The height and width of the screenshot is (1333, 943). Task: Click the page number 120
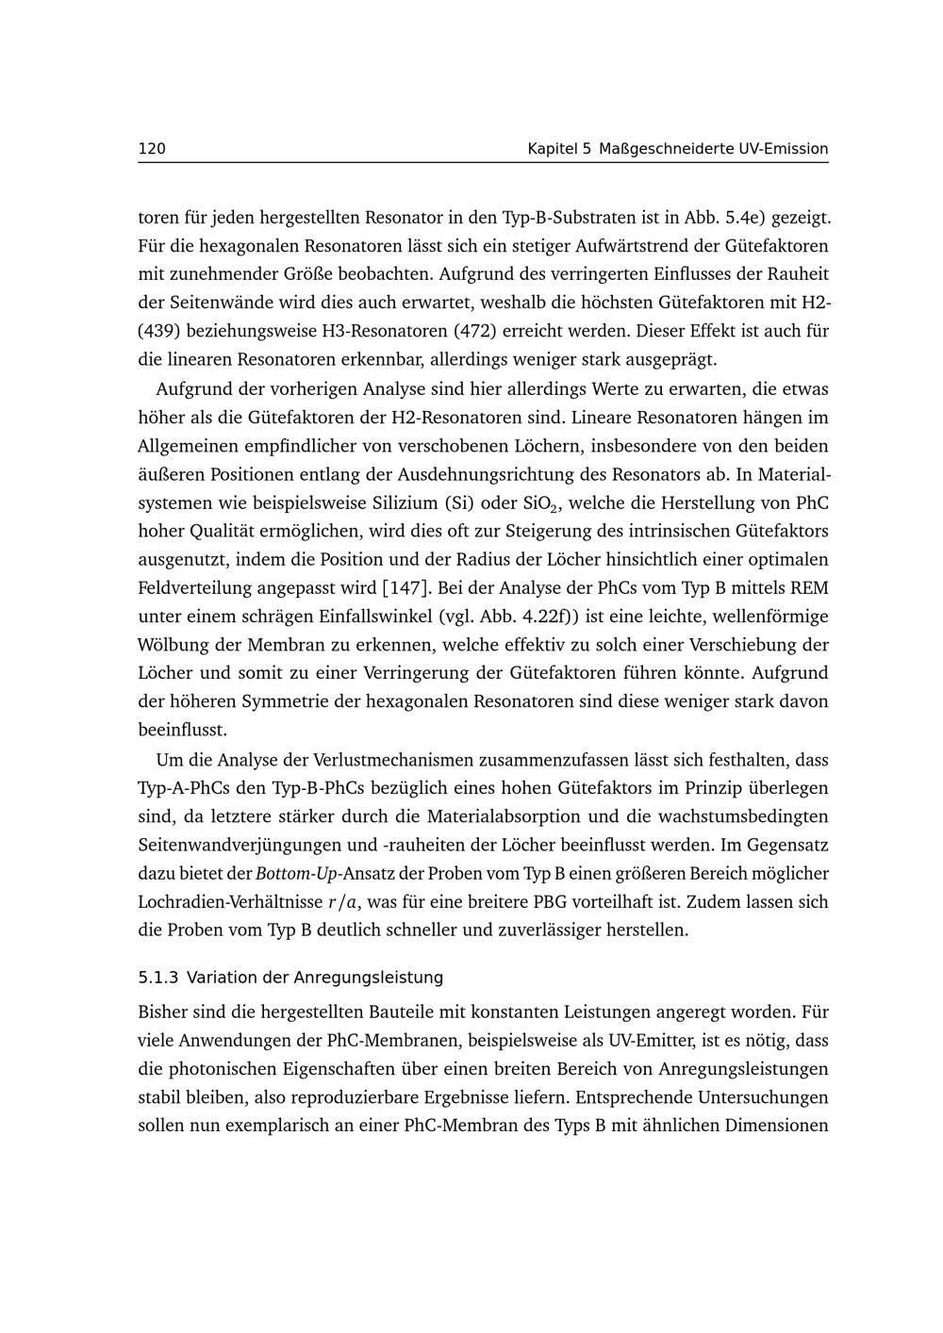152,149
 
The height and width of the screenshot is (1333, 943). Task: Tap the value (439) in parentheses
158,332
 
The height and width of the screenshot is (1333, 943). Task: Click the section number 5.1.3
158,978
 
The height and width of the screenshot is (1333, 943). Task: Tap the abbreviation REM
809,588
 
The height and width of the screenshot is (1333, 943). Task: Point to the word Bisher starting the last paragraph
161,1012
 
